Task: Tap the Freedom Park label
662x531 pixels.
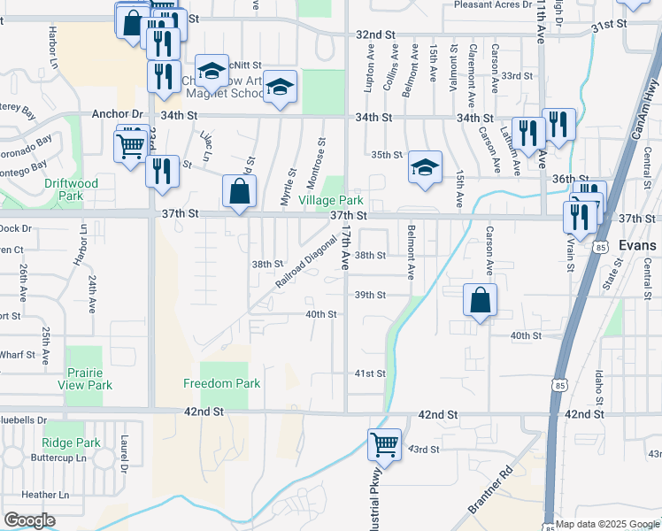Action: (210, 383)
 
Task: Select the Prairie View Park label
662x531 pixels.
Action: (89, 379)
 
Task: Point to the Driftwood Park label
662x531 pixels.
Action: (64, 189)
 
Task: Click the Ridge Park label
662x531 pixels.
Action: (71, 442)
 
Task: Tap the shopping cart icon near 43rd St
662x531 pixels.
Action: (384, 444)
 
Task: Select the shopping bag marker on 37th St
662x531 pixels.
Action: (240, 191)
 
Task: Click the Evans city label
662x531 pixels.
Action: (638, 245)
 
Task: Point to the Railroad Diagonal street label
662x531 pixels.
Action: (306, 261)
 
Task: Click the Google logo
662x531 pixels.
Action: (30, 519)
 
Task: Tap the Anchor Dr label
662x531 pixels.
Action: (117, 113)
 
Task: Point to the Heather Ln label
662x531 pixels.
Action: (40, 495)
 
